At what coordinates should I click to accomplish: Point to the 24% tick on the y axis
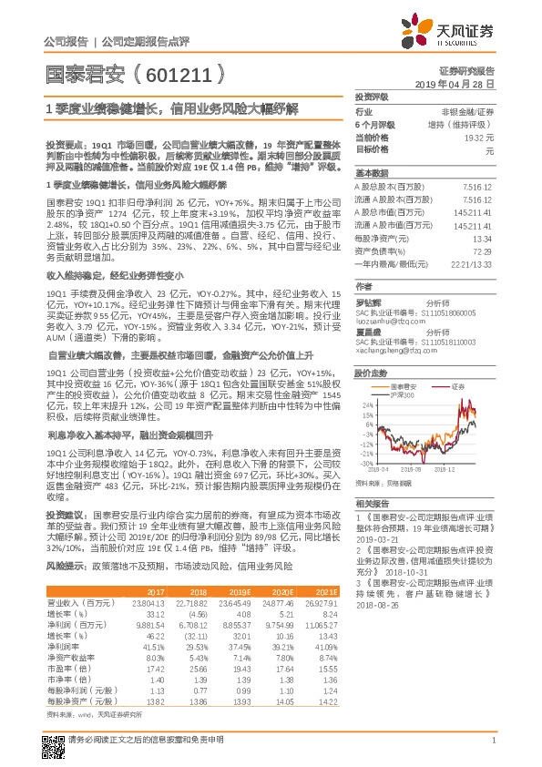coord(365,404)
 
